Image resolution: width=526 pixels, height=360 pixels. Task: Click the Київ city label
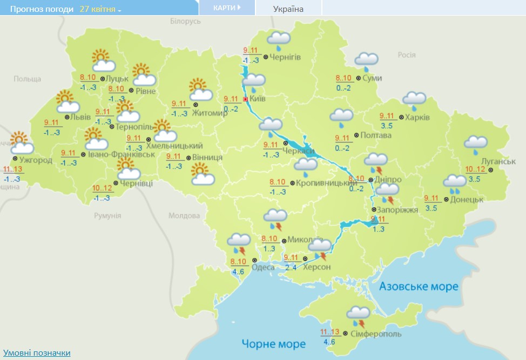click(x=258, y=99)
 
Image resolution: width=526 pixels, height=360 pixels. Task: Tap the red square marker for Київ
click(x=246, y=99)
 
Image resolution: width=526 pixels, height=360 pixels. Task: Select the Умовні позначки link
click(x=36, y=352)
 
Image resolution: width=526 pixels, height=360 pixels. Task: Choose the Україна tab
click(x=288, y=9)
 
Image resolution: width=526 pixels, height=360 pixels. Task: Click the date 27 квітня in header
click(x=100, y=9)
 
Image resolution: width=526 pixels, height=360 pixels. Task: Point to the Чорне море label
click(x=273, y=344)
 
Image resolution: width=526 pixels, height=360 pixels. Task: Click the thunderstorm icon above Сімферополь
click(x=358, y=316)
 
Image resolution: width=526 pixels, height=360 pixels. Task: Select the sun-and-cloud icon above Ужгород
click(x=21, y=143)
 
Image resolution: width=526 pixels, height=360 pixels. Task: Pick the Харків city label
click(x=417, y=117)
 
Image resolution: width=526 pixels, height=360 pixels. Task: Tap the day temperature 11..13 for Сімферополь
click(x=329, y=332)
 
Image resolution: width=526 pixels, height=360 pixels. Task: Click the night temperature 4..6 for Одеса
click(x=238, y=272)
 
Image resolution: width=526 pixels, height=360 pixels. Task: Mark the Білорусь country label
click(x=185, y=21)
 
